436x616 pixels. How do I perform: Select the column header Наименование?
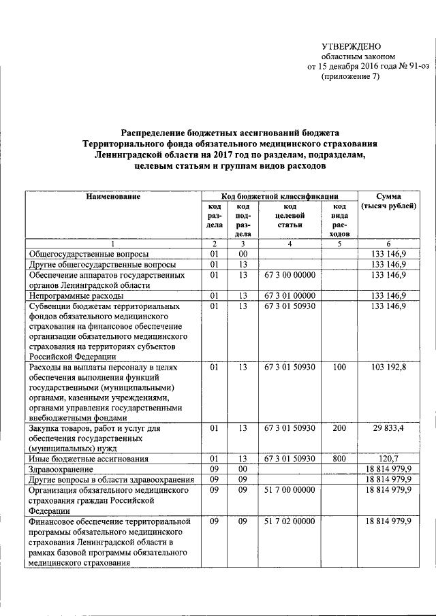coord(113,197)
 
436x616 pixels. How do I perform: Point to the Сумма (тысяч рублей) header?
coord(388,201)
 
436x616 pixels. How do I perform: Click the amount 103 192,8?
coord(388,368)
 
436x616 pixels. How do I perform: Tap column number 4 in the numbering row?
coord(289,243)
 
